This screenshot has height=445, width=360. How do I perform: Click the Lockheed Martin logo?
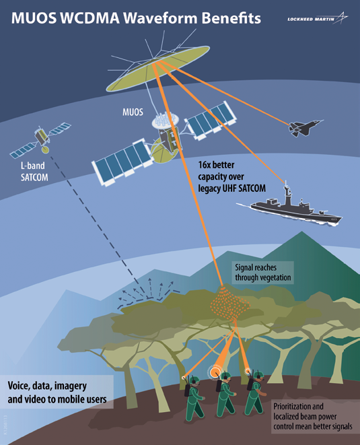pos(318,18)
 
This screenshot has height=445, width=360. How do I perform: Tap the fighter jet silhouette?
pos(305,127)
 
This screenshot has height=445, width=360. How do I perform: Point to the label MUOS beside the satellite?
pos(133,112)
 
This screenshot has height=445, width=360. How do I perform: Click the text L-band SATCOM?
pos(34,172)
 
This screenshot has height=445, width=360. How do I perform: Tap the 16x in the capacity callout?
pos(205,165)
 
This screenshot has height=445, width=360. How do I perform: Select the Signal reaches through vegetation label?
pos(263,273)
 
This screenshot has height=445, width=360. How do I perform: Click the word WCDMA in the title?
pos(90,18)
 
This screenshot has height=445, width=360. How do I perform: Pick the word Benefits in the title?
pos(231,18)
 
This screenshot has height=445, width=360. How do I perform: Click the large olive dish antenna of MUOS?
pos(157,68)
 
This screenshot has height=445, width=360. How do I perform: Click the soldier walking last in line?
pos(194,398)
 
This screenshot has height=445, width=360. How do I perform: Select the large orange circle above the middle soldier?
pos(215,372)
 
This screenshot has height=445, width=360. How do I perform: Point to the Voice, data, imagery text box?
pos(57,392)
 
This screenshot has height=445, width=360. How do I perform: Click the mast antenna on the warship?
pos(287,193)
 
